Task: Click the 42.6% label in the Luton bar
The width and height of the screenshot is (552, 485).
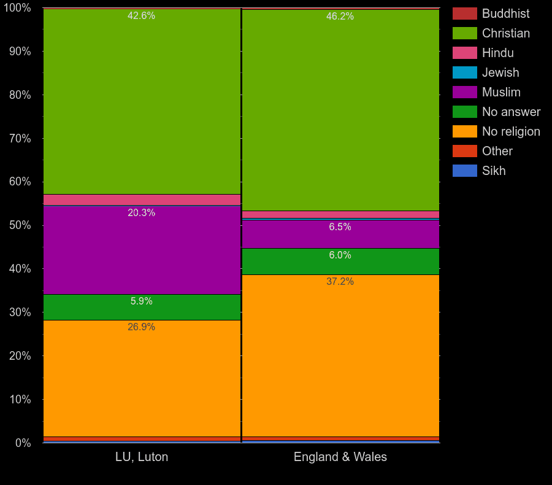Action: [141, 16]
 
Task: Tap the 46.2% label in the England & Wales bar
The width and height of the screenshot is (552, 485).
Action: [340, 17]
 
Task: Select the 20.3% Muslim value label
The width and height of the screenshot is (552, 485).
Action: [141, 213]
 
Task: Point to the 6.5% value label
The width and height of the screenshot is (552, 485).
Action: [340, 227]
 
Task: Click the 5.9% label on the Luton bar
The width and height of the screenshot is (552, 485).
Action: [141, 301]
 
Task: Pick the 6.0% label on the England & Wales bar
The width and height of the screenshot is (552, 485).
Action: [340, 255]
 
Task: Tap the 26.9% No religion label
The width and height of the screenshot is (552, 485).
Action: [141, 327]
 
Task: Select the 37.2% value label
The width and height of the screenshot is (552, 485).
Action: [340, 282]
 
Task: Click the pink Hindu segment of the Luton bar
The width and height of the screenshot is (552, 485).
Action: [142, 200]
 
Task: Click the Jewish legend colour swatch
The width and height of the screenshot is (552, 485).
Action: [464, 72]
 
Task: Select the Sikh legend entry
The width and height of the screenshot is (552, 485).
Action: [494, 171]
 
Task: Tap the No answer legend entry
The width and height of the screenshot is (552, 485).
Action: [511, 112]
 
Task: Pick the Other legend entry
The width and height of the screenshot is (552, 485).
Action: [497, 151]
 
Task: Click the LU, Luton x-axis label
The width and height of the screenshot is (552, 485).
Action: [142, 457]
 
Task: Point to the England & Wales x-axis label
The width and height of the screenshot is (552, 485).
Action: [340, 457]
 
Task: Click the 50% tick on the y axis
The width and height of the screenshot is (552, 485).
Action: [20, 225]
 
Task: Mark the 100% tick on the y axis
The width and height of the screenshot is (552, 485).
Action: [17, 8]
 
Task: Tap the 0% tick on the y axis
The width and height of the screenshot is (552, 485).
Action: [22, 443]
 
